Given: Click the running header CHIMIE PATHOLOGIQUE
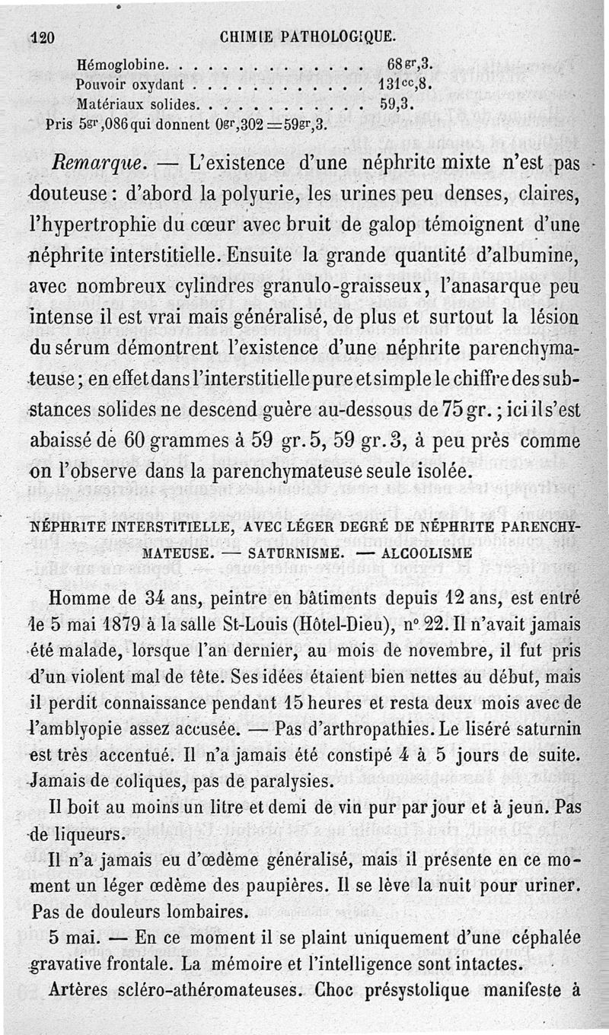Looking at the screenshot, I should [x=308, y=35].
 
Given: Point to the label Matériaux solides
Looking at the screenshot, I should [x=139, y=103].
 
